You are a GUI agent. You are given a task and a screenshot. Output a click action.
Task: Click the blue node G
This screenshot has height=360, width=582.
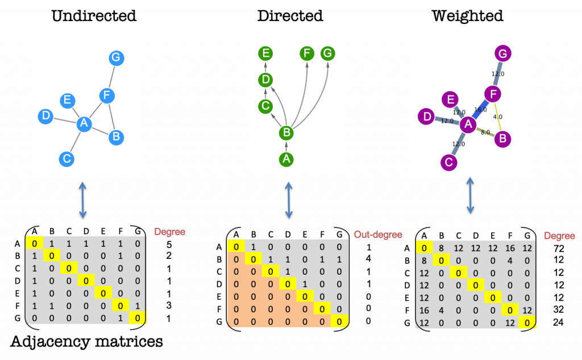[x=116, y=58]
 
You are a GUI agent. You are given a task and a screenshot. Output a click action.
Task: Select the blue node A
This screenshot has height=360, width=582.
[x=84, y=124]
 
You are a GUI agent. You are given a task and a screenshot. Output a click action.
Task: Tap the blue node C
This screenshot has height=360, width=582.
[x=66, y=159]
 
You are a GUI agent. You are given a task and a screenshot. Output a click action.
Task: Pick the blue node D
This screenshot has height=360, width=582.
[x=45, y=117]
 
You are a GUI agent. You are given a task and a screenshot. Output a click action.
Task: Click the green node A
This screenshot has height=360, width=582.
[x=286, y=160]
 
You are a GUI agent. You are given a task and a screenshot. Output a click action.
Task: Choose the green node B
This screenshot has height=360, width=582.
[x=286, y=133]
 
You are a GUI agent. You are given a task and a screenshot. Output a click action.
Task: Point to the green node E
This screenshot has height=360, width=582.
[x=265, y=53]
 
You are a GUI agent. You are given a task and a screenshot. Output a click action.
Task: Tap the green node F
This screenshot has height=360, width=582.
[x=307, y=53]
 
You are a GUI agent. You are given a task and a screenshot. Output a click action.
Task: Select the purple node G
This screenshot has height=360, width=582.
[x=502, y=54]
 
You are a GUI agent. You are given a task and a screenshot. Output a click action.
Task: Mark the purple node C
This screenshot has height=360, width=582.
[x=449, y=163]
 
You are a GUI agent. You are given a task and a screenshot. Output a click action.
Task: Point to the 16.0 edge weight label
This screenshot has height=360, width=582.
[x=481, y=110]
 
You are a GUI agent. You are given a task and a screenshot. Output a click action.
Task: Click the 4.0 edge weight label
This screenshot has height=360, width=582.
[x=497, y=117]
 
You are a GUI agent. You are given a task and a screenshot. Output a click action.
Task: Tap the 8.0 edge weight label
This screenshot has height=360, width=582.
[x=485, y=132]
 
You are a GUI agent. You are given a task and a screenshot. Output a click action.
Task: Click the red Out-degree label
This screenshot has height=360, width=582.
[x=377, y=234]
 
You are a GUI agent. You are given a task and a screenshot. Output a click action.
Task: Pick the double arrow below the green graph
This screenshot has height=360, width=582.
[x=289, y=200]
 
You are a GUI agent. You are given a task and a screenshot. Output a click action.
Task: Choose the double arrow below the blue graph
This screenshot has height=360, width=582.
[x=82, y=200]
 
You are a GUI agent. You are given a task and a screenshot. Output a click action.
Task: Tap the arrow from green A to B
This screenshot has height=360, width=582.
[x=286, y=147]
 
